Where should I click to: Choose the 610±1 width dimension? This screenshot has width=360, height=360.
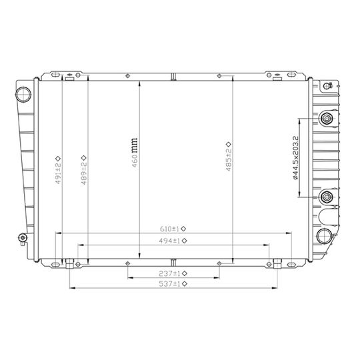[169, 227]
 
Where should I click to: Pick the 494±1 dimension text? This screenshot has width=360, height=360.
[169, 240]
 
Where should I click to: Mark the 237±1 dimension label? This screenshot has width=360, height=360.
[169, 273]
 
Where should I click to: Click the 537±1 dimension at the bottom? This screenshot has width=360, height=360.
[169, 284]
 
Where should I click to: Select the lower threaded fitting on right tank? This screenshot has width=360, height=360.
[327, 197]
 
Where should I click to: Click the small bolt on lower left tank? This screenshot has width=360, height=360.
[23, 238]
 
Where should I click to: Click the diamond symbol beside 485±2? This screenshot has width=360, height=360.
[228, 144]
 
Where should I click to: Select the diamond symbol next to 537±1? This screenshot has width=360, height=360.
[183, 284]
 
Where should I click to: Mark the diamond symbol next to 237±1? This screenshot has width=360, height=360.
[183, 273]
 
